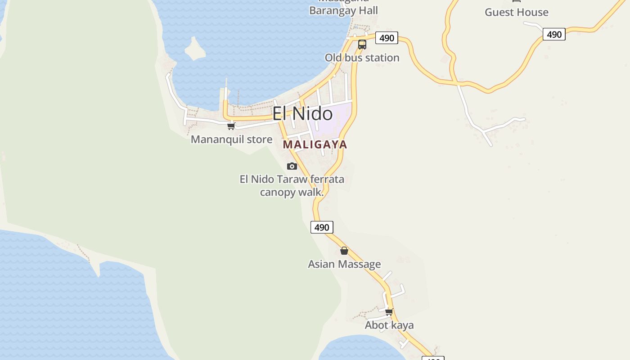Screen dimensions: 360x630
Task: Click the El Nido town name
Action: click(302, 114)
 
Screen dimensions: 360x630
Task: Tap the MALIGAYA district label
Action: click(315, 144)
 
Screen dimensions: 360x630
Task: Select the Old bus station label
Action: click(362, 58)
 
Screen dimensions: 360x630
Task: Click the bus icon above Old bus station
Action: click(362, 45)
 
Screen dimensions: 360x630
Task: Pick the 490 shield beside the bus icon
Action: click(387, 38)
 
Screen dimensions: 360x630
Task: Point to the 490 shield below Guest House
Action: click(553, 34)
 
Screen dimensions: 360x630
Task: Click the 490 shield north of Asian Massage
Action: click(322, 227)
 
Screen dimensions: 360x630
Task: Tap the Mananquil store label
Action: click(231, 139)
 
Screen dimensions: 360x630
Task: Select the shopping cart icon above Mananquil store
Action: click(231, 126)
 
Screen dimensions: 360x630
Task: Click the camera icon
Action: click(292, 166)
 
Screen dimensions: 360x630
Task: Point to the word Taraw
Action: click(292, 179)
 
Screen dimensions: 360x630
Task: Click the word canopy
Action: click(276, 192)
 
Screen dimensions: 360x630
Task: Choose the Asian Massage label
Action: click(344, 264)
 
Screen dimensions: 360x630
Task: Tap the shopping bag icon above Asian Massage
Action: click(344, 251)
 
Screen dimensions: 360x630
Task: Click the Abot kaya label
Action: click(389, 325)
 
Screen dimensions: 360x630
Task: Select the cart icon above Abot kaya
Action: click(389, 311)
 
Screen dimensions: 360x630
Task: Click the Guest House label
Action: click(516, 12)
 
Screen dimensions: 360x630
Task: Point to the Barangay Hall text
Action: click(343, 10)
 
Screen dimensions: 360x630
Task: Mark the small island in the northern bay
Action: click(195, 49)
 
